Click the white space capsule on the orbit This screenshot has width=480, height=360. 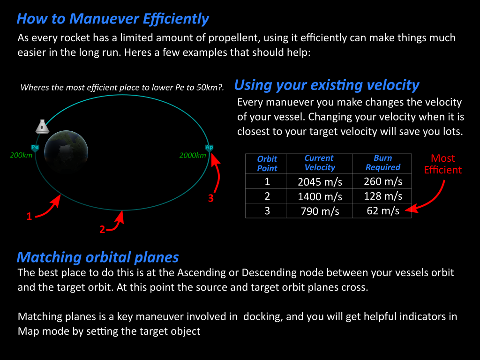pos(42,127)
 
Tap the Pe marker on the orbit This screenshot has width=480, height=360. pos(35,148)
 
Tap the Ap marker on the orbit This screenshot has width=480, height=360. pos(209,148)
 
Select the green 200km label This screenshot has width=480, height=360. pos(21,155)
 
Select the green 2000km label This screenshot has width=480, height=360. pos(193,156)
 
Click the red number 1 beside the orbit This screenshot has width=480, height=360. pos(29,217)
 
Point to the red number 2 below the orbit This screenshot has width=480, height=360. pos(102,229)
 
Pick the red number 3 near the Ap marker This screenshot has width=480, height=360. pos(210,198)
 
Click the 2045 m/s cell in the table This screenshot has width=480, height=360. pos(320,182)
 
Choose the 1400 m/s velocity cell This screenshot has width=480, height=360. pos(320,196)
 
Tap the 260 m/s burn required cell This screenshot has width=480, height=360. pos(382,181)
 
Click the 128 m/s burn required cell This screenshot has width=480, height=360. pos(382,196)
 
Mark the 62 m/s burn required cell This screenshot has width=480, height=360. pos(382,211)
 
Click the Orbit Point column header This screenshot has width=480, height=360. pos(267,164)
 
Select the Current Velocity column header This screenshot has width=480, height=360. pos(320,163)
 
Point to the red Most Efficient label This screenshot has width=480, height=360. pos(442,164)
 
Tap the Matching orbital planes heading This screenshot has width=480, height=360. pos(97,257)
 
